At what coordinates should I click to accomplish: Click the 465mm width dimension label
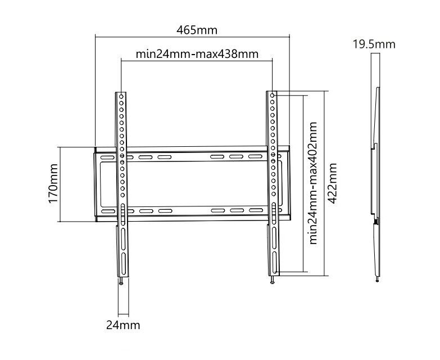pyautogui.click(x=197, y=30)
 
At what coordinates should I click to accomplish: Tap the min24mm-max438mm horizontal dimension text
pyautogui.click(x=197, y=54)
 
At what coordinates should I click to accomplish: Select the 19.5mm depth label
pyautogui.click(x=374, y=44)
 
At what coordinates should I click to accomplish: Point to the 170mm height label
pyautogui.click(x=53, y=183)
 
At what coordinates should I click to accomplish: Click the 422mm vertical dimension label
pyautogui.click(x=332, y=183)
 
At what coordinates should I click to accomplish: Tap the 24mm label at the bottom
pyautogui.click(x=123, y=325)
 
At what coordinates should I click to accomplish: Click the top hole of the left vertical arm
pyautogui.click(x=121, y=96)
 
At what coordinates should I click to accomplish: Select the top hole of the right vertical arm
pyautogui.click(x=272, y=96)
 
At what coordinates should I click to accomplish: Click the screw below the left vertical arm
pyautogui.click(x=121, y=281)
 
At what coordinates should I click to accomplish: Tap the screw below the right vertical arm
pyautogui.click(x=272, y=280)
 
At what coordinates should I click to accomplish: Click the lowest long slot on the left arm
pyautogui.click(x=123, y=263)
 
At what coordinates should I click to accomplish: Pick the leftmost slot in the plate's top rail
pyautogui.click(x=108, y=157)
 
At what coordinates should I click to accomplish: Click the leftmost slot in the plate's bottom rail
pyautogui.click(x=108, y=211)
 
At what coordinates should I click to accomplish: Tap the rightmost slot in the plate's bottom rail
pyautogui.click(x=256, y=210)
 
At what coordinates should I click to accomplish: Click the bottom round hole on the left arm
pyautogui.click(x=123, y=195)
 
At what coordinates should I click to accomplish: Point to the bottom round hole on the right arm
pyautogui.click(x=273, y=193)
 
